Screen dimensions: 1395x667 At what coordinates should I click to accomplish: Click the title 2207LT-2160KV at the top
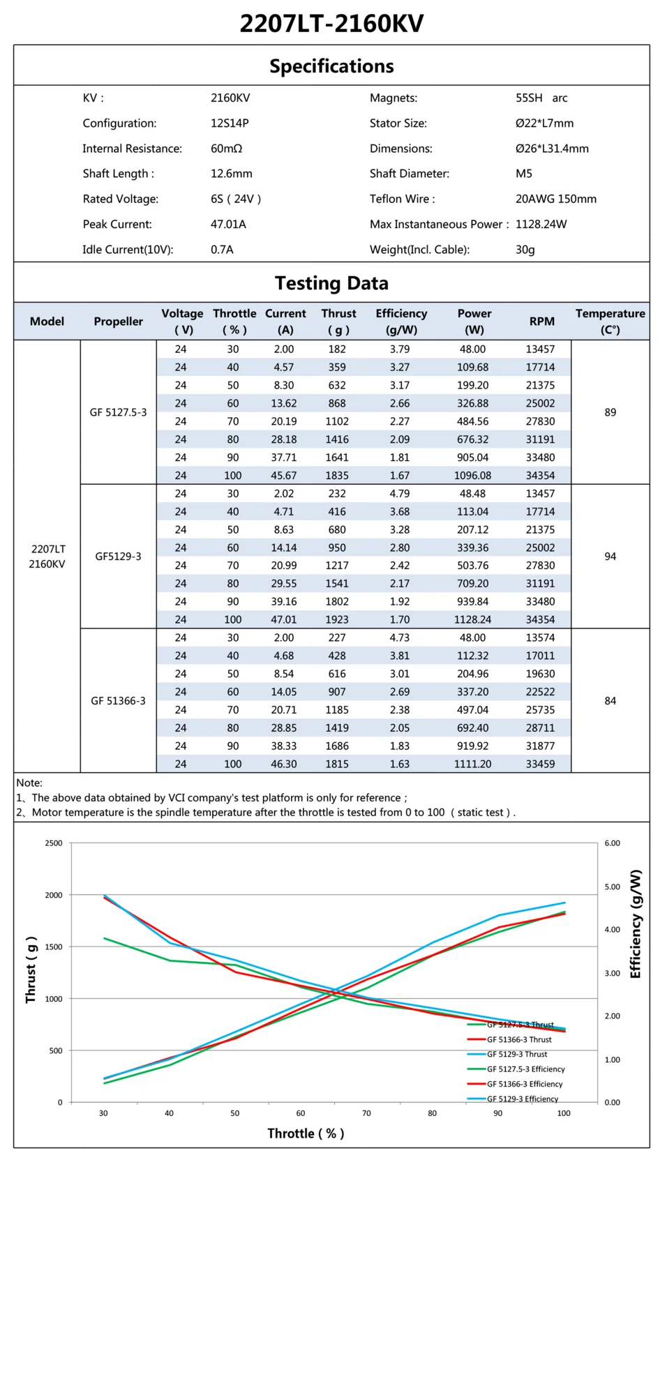coord(331,24)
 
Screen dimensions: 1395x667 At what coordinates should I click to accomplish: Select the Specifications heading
coord(331,66)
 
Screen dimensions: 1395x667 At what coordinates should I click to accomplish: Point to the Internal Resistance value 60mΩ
coord(226,149)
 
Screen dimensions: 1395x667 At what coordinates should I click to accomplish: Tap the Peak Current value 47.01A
coord(228,224)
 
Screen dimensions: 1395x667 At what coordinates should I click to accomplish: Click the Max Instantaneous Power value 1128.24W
coord(541,224)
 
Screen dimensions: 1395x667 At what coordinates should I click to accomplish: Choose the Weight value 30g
coord(525,249)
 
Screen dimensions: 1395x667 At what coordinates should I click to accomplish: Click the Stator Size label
coord(398,123)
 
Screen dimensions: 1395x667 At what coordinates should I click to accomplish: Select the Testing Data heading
coord(331,283)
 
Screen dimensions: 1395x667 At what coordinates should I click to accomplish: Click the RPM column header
coord(541,321)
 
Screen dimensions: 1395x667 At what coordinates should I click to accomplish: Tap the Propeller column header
coord(118,321)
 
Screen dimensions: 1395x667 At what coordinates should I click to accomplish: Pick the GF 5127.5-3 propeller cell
coord(118,412)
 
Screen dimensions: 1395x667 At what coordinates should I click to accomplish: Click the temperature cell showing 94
coord(610,557)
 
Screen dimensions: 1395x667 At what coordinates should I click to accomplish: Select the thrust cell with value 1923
coord(337,619)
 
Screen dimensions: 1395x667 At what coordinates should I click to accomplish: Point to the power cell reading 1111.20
coord(472,764)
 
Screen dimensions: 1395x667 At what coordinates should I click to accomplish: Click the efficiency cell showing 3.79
coord(400,349)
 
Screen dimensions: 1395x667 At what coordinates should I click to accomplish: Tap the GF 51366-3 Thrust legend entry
coord(518,1039)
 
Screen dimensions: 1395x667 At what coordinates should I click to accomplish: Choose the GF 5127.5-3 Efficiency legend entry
coord(525,1069)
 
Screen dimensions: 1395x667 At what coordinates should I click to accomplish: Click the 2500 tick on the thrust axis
coord(54,843)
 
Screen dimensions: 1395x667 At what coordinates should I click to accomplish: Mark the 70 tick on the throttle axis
coord(366,1113)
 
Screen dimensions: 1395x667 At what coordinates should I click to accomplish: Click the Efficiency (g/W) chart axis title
coord(635,923)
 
